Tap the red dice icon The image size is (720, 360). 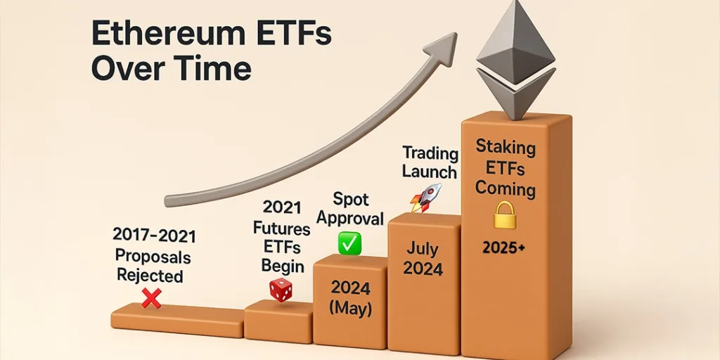281,289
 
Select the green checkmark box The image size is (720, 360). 349,243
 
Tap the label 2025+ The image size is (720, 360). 504,247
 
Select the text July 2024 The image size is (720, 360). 423,259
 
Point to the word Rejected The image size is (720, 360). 150,275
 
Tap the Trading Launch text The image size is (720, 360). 430,162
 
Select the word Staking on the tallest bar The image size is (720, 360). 506,148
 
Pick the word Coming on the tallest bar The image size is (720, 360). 505,188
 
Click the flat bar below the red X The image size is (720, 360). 177,320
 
